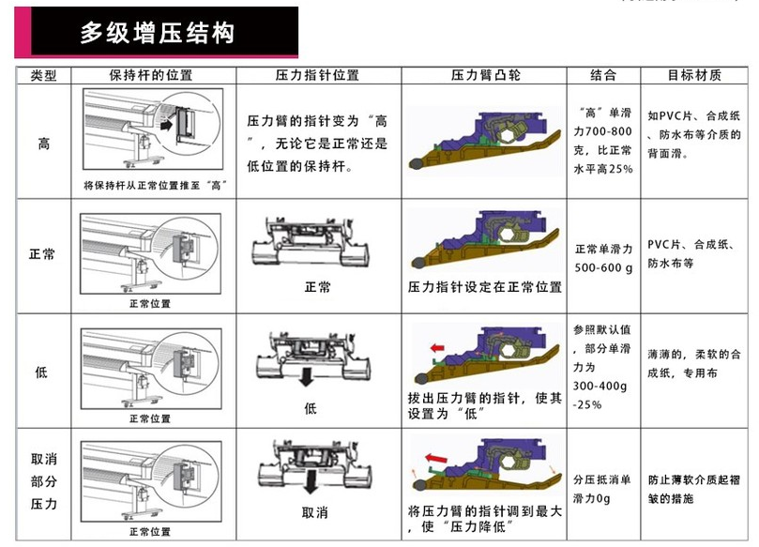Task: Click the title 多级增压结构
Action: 157,34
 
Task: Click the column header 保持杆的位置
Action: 150,74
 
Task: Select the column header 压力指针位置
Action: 317,74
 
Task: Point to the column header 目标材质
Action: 694,74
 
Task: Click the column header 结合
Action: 603,74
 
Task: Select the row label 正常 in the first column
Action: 44,254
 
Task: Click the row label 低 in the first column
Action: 44,372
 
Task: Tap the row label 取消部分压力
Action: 44,482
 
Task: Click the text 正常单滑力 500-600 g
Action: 604,256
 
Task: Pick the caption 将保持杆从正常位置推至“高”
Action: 158,186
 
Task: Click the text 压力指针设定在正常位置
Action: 485,286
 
